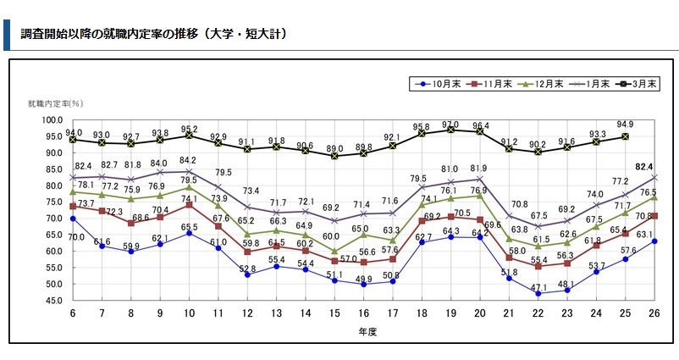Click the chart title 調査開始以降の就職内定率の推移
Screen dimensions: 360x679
click(152, 34)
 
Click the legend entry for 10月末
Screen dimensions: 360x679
click(443, 84)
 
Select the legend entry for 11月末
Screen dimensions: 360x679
click(494, 84)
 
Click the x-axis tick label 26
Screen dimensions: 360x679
click(655, 313)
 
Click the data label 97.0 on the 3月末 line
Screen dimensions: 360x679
click(450, 125)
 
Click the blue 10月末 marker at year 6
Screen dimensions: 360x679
click(73, 219)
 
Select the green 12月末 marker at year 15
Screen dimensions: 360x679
click(336, 252)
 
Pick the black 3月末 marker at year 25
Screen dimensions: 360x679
click(626, 136)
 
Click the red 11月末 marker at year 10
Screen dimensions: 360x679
click(189, 205)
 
